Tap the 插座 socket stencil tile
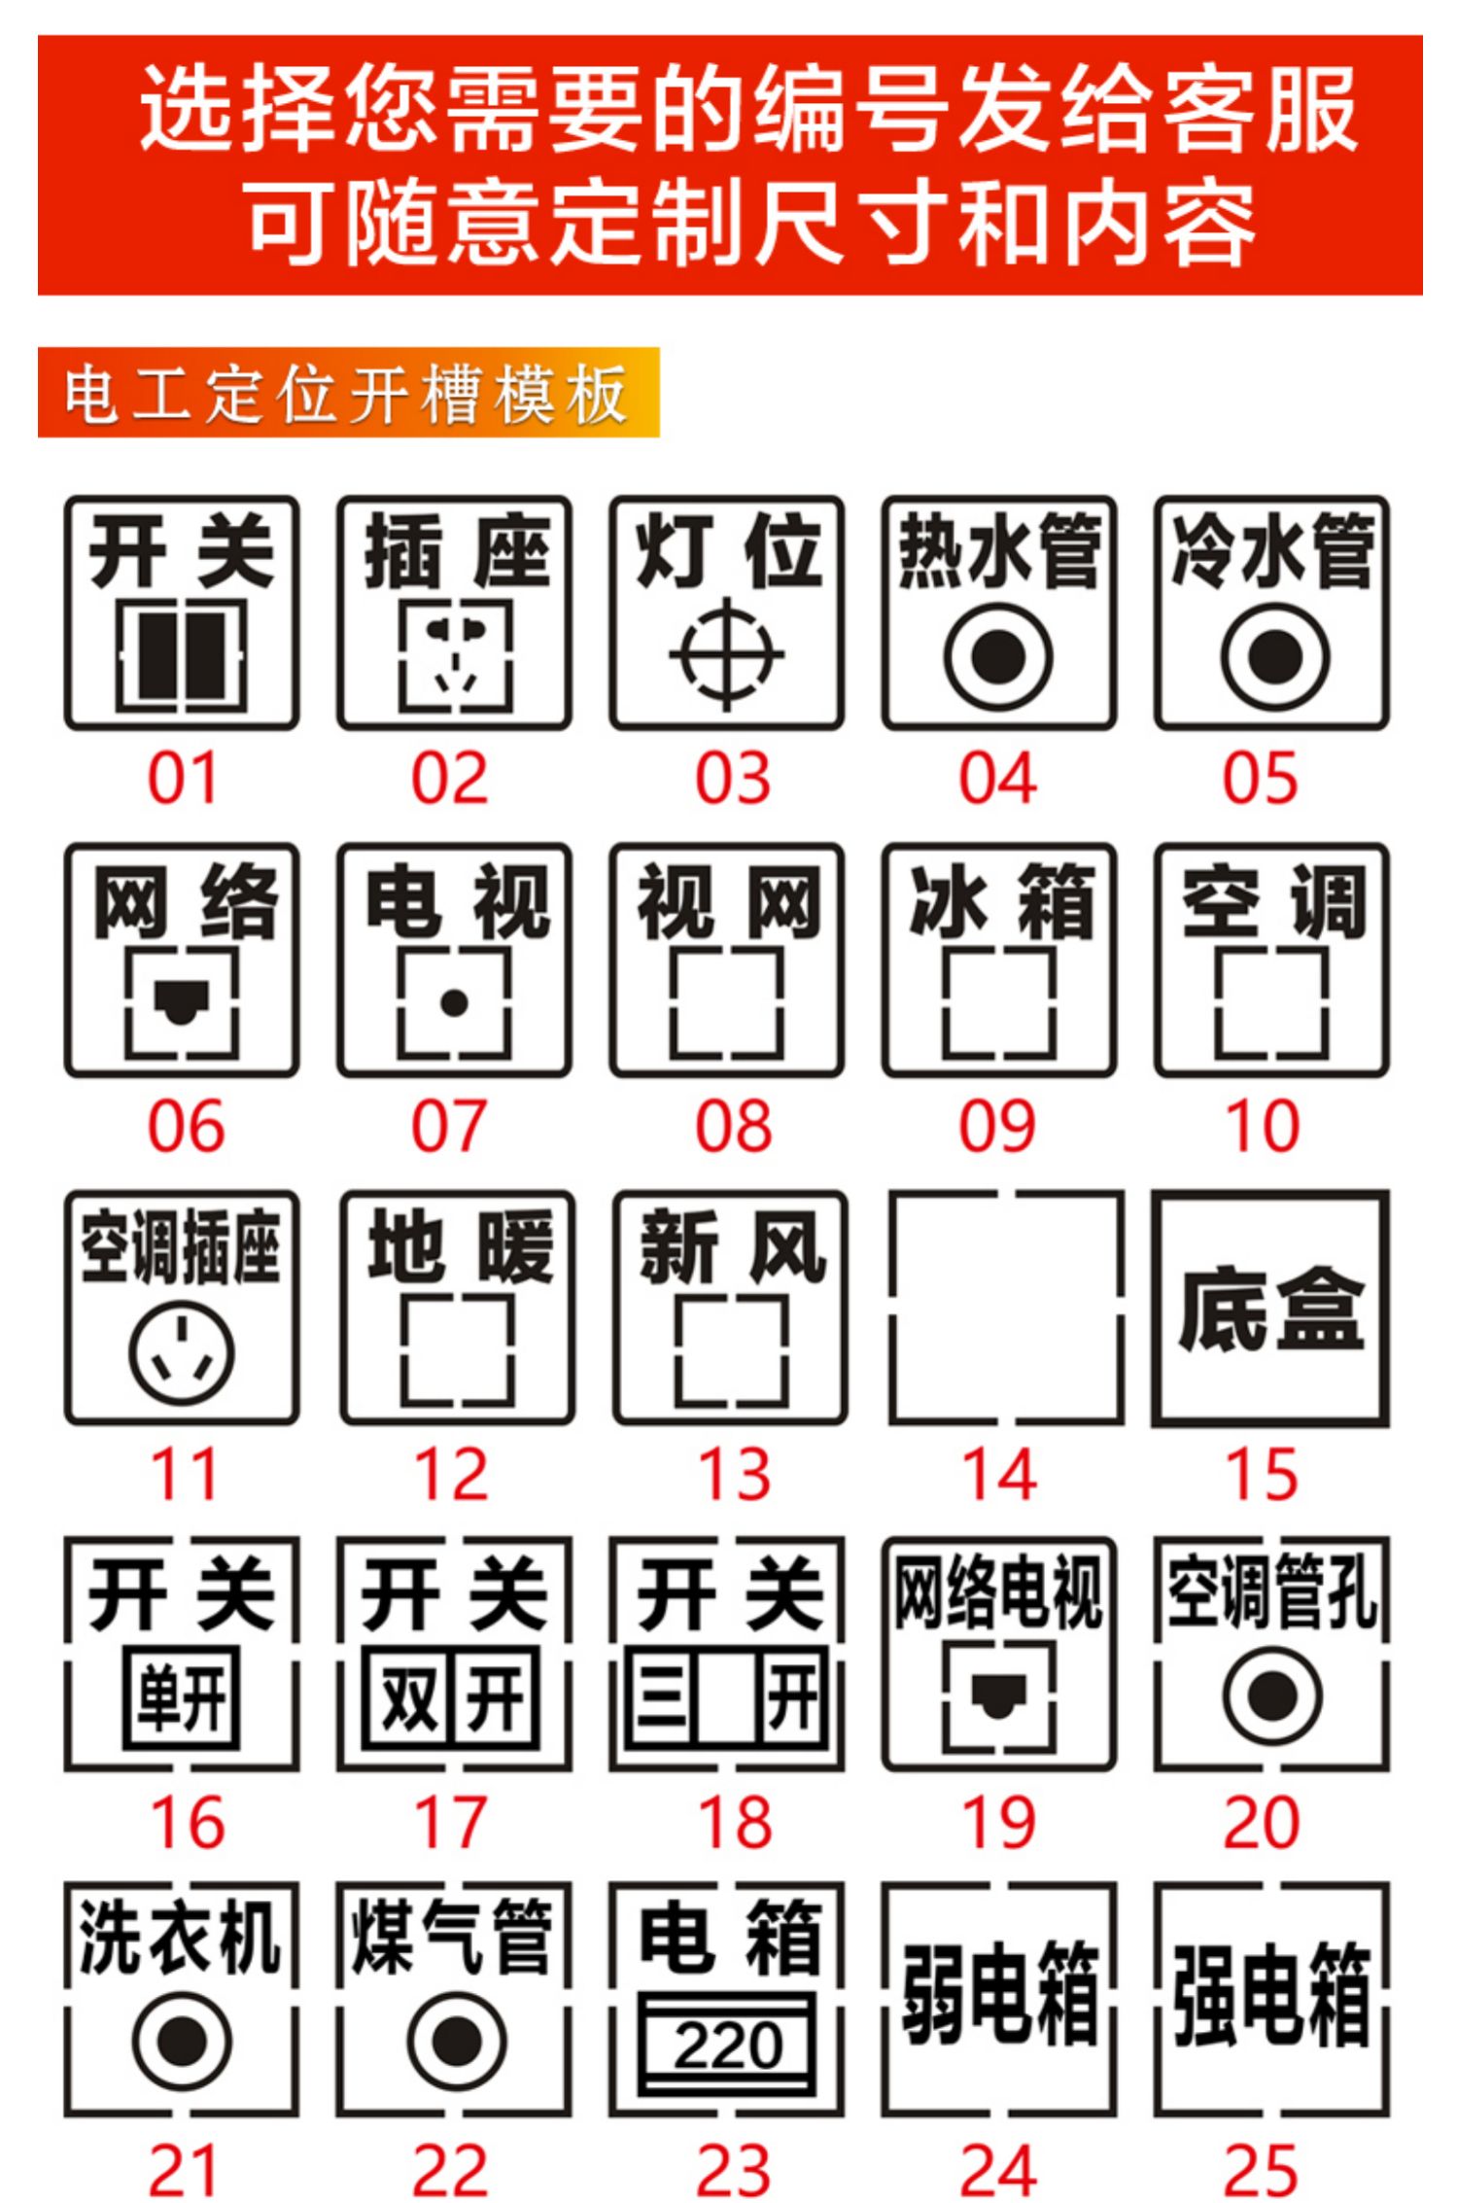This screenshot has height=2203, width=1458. point(454,613)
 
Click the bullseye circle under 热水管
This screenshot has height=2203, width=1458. point(998,656)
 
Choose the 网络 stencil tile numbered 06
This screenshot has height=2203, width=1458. point(182,960)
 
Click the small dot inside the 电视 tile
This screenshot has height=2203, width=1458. point(454,1002)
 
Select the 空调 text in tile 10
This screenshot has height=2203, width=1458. point(1272,901)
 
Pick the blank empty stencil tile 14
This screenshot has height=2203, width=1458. point(1006,1307)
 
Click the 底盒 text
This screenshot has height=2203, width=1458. point(1271,1309)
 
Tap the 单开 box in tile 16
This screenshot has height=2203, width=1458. point(182,1696)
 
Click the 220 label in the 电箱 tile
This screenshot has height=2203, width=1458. point(727,2046)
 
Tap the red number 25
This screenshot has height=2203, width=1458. point(1261,2170)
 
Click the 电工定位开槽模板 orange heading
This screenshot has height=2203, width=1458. point(348,393)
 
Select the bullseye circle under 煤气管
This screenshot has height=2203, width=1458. point(456,2039)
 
